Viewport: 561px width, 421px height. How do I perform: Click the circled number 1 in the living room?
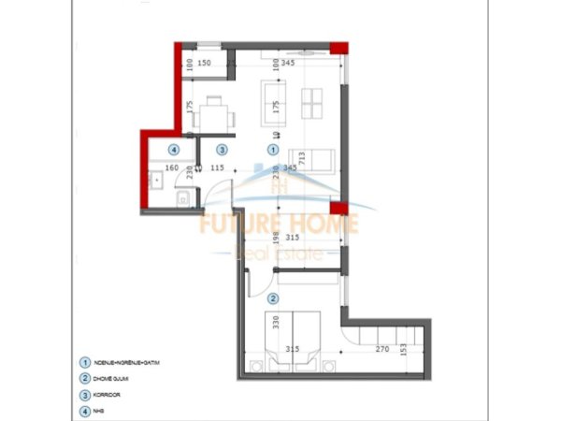[x=273, y=149]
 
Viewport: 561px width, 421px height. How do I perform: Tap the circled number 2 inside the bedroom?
[x=273, y=298]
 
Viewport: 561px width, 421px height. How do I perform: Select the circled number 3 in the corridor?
[x=222, y=149]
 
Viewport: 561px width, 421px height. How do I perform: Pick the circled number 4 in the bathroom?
[x=173, y=149]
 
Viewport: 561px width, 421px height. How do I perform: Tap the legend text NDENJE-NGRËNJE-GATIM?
[x=122, y=364]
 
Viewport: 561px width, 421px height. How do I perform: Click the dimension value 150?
[x=205, y=64]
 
